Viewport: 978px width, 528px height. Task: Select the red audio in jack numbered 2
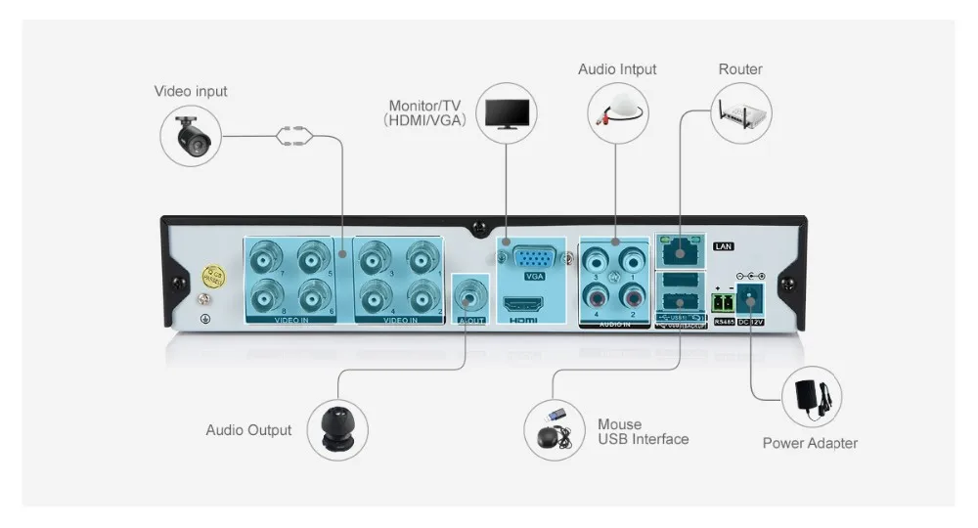click(633, 295)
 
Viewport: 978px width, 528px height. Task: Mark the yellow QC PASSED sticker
click(209, 278)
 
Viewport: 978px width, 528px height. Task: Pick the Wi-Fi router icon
click(741, 111)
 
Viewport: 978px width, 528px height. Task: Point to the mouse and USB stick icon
click(554, 427)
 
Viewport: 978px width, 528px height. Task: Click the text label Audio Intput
click(616, 69)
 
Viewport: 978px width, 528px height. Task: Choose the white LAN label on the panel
click(724, 246)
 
